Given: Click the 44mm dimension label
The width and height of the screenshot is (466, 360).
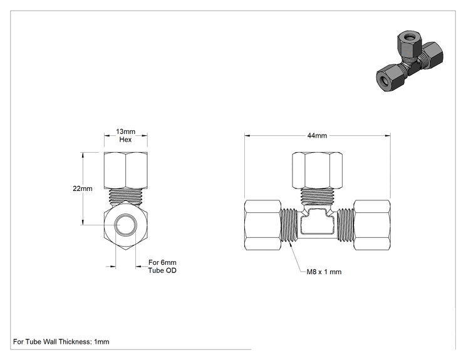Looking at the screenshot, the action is point(317,136).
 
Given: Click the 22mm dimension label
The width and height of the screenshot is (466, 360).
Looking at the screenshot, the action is point(83,188).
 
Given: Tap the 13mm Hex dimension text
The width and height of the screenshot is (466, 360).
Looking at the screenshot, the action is point(125,135).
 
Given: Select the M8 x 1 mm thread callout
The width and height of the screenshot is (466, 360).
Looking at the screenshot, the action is point(324,272).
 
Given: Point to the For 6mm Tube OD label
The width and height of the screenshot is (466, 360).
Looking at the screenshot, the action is point(162,267).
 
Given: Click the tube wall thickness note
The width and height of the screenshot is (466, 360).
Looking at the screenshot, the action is point(61,342).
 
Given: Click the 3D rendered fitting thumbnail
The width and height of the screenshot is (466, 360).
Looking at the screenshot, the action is point(410,61).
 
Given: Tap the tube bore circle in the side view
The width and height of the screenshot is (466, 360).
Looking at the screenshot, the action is point(125,225).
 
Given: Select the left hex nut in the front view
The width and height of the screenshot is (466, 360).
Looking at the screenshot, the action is point(262,225).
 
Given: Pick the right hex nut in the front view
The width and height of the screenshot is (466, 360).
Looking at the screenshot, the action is point(372,225).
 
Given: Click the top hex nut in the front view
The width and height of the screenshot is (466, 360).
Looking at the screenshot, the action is point(317,170).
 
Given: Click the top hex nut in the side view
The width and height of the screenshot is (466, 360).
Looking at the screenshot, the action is point(125,170).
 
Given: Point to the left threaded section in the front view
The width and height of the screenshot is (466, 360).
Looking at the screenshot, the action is point(289,225).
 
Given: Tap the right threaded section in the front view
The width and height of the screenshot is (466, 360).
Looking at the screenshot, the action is point(345,225).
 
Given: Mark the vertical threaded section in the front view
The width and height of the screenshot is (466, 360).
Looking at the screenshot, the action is point(317,196).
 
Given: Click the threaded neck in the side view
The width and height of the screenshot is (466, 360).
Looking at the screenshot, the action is point(125,197).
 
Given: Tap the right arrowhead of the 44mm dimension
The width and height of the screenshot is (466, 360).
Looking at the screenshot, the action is point(388,136).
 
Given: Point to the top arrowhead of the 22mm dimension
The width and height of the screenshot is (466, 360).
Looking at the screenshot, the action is point(83,155).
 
